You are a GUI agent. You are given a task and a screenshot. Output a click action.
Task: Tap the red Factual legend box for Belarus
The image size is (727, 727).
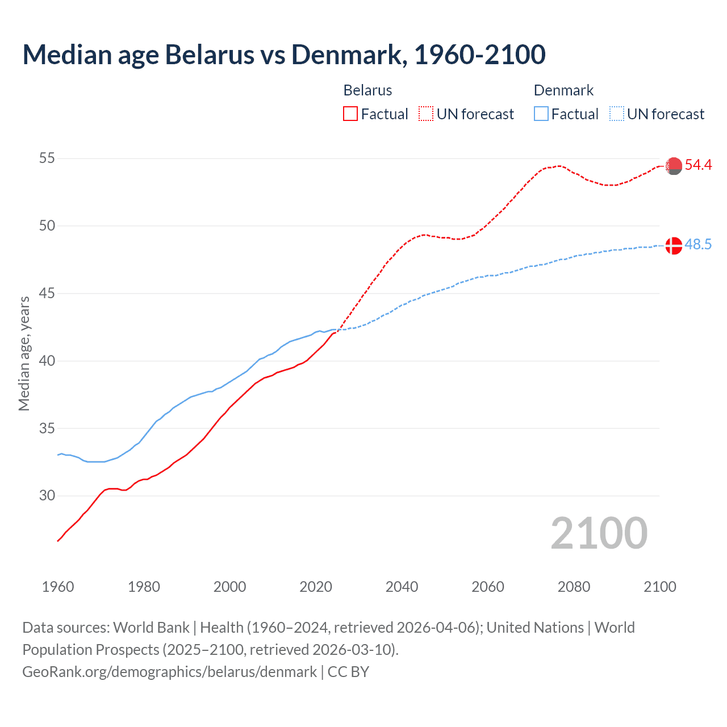[x=350, y=114]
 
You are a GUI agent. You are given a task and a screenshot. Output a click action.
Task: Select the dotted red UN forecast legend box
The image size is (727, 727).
[x=426, y=114]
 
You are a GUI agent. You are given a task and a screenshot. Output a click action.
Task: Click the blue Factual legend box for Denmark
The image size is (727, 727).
[x=541, y=114]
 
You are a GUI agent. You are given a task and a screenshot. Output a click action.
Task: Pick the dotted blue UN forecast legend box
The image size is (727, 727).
[x=617, y=114]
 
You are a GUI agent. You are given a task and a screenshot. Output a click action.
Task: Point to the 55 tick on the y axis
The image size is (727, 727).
[x=47, y=158]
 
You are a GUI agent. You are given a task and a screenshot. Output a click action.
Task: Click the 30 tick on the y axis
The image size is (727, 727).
[x=47, y=496]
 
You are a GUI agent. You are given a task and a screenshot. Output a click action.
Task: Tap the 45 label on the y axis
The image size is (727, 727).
[x=47, y=294]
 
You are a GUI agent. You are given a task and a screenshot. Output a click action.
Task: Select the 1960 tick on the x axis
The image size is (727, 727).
[x=58, y=587]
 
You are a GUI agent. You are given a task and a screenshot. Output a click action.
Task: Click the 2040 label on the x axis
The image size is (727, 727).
[x=402, y=587]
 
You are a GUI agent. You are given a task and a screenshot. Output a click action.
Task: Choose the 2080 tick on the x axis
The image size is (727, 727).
[x=574, y=587]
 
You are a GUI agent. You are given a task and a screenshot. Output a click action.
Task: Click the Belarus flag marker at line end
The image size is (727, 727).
[x=674, y=166]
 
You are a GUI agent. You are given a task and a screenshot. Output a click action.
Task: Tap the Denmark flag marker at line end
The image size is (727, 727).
[x=674, y=246]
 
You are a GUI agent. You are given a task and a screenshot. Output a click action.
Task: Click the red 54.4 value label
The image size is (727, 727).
[x=698, y=165]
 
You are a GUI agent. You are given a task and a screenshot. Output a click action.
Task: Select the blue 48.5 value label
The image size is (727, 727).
[x=698, y=245]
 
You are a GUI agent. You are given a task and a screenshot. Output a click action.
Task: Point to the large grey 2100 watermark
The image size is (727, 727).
[x=599, y=533]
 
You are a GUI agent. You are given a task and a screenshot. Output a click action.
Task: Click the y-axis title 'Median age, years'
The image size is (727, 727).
[x=24, y=353]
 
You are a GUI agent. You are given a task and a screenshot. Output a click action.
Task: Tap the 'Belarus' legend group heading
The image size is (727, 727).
[x=367, y=90]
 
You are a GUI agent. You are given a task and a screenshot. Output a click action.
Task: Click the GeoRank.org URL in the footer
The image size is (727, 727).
[x=169, y=672]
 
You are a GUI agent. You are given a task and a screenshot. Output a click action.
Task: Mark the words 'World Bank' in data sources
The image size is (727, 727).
[x=151, y=628]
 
